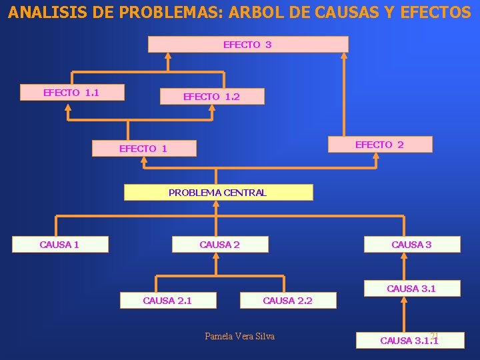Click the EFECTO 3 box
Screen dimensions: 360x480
tap(247, 45)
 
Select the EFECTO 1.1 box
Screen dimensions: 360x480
tap(72, 93)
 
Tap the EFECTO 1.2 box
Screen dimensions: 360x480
tap(212, 97)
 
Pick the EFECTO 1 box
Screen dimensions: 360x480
tap(144, 149)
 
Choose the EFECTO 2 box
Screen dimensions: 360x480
tap(380, 145)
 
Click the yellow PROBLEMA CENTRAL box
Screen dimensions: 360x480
tap(219, 193)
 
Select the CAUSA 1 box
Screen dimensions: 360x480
tap(60, 245)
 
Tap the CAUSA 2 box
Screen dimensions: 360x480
tap(220, 245)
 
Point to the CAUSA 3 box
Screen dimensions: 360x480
tap(411, 245)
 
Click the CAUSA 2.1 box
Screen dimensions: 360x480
tap(168, 301)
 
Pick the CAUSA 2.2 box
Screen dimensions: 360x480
tap(288, 301)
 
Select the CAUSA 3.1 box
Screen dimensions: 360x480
tap(411, 289)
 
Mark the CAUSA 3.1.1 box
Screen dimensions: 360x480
tap(409, 341)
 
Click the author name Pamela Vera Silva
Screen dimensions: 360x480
tap(239, 336)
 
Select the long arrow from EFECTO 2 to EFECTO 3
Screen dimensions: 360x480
tap(344, 93)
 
